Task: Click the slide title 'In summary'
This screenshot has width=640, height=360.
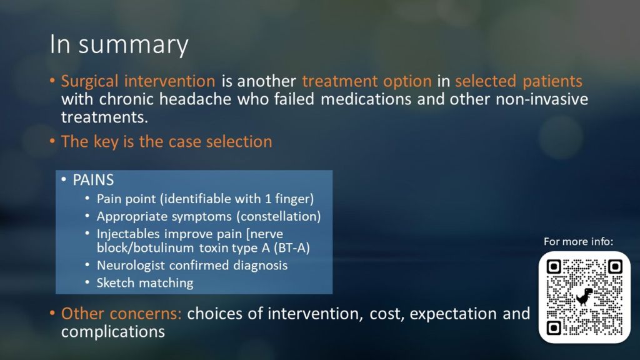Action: click(119, 44)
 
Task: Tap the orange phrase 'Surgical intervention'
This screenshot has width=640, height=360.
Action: click(138, 81)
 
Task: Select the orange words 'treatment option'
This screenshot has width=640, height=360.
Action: click(366, 81)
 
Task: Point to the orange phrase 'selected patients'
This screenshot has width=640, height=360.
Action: click(518, 81)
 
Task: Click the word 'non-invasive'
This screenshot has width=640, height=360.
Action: click(542, 99)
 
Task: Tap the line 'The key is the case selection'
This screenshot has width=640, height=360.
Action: click(166, 142)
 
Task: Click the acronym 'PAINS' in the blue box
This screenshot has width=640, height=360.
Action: click(93, 180)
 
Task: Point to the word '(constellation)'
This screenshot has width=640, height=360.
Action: click(279, 216)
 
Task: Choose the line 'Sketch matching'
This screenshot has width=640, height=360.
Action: click(145, 283)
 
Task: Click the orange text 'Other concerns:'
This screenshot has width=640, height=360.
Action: click(121, 314)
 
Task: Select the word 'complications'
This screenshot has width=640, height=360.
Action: click(113, 331)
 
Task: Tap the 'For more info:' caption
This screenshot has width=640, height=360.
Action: click(578, 242)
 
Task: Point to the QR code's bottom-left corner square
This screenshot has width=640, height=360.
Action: click(554, 327)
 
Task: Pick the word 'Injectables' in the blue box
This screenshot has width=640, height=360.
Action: click(128, 234)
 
